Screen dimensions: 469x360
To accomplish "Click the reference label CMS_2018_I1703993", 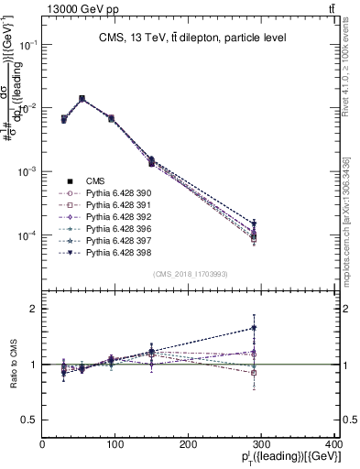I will pyautogui.click(x=190, y=274).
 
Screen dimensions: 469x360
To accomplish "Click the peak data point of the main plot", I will pyautogui.click(x=82, y=98).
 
